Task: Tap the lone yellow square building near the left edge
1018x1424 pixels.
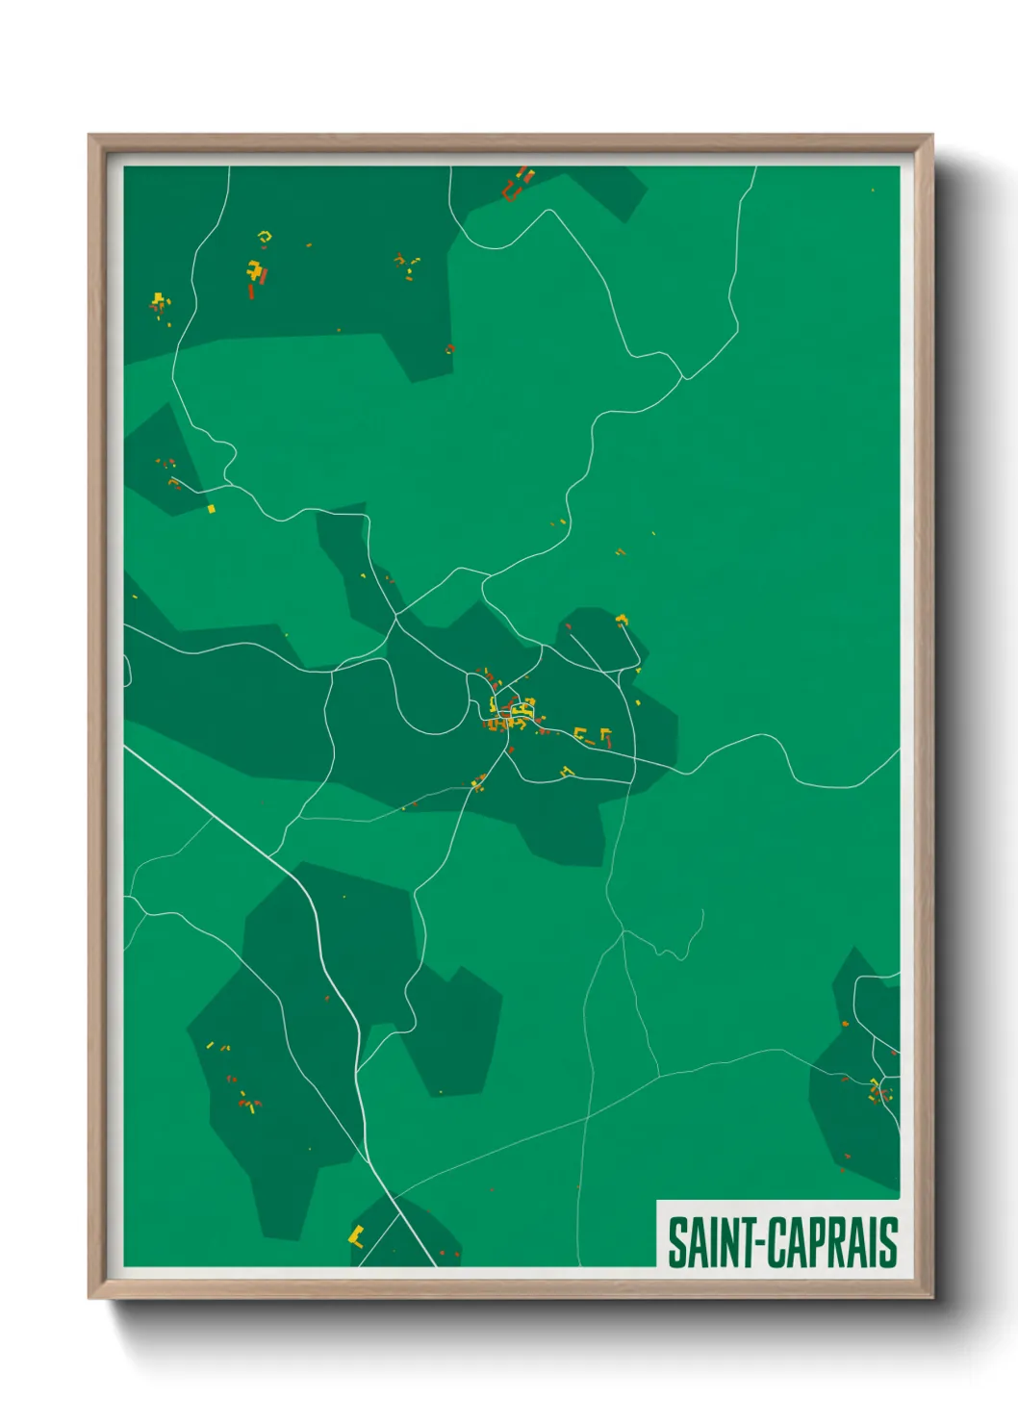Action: pyautogui.click(x=212, y=508)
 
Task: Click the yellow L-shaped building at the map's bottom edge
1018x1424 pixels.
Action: pyautogui.click(x=356, y=1235)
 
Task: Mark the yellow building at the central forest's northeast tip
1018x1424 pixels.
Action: pyautogui.click(x=623, y=619)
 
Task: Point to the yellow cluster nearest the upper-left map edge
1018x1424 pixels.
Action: pyautogui.click(x=160, y=303)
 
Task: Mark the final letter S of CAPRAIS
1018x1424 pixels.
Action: pyautogui.click(x=888, y=1242)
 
